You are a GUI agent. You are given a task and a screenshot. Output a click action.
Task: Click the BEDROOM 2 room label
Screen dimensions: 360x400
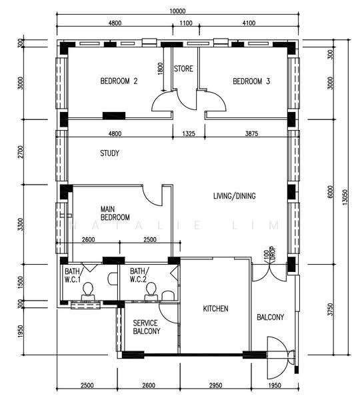click(119, 81)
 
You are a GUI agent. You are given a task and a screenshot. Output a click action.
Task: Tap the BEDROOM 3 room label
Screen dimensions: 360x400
click(251, 81)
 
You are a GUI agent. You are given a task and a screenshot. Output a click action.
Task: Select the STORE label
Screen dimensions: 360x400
click(183, 69)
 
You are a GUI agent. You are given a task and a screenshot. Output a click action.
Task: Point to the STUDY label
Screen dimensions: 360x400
click(109, 153)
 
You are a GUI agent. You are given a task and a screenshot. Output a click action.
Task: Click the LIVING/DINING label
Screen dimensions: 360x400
click(234, 196)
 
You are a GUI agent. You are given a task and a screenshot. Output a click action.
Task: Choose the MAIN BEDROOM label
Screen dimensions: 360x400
click(115, 213)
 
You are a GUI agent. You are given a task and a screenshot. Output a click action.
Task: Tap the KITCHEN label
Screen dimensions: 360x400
click(215, 309)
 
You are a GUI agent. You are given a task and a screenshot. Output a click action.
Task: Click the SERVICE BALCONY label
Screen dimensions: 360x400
click(147, 327)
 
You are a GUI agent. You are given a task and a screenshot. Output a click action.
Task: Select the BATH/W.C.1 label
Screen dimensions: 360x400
click(73, 275)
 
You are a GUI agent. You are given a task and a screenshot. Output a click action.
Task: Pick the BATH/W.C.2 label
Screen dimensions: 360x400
click(138, 275)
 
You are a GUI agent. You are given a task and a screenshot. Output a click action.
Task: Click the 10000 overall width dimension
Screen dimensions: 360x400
click(177, 11)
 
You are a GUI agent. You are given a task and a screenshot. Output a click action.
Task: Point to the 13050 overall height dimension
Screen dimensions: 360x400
click(345, 197)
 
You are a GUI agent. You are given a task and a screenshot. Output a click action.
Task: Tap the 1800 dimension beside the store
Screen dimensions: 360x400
click(160, 69)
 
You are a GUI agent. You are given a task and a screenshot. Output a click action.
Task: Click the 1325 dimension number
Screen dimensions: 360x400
click(189, 133)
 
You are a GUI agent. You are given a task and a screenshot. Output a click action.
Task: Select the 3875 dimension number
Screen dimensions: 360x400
click(251, 133)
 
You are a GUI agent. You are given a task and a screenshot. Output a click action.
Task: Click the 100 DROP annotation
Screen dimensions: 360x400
click(270, 255)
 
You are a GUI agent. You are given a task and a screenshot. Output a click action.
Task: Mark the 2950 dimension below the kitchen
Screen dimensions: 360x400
click(215, 385)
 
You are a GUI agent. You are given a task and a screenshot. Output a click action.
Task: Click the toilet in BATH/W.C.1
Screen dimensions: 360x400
click(88, 291)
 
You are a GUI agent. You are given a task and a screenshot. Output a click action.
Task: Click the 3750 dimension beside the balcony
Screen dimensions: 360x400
click(331, 309)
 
